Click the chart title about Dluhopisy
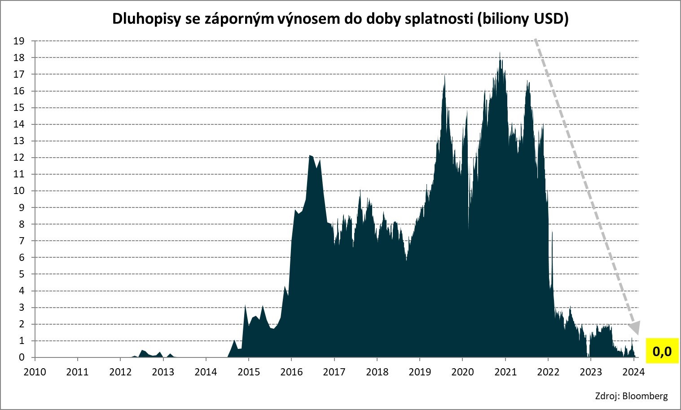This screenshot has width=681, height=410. [x=340, y=19]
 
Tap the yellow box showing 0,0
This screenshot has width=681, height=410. [x=662, y=351]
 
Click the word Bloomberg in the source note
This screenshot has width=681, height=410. [x=645, y=396]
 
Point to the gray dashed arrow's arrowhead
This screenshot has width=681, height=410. [x=634, y=326]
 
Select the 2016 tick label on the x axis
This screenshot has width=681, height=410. [x=291, y=372]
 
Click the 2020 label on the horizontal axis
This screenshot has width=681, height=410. [x=462, y=372]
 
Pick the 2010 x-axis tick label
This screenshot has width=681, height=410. [x=35, y=372]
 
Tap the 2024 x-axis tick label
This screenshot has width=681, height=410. [x=633, y=372]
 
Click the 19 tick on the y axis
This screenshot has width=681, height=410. [x=19, y=41]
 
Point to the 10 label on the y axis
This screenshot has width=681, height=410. [x=19, y=191]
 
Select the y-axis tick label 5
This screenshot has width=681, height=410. [x=22, y=274]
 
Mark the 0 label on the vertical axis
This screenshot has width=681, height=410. [x=22, y=357]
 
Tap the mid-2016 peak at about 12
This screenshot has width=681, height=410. [x=310, y=156]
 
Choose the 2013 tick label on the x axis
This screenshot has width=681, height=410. [x=163, y=372]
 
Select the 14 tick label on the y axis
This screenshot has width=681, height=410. [x=19, y=124]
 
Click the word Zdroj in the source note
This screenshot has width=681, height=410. [x=607, y=396]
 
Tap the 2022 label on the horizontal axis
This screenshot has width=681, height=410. [x=548, y=372]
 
